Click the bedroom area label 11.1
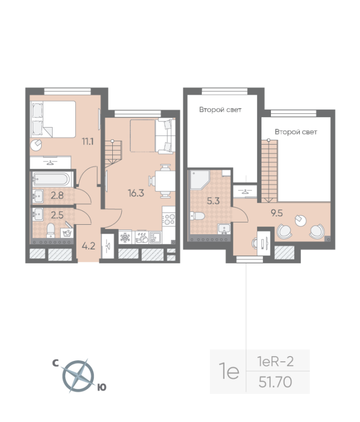click(87, 141)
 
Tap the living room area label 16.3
click(136, 193)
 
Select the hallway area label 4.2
click(89, 246)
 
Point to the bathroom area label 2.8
click(57, 195)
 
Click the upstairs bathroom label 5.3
click(213, 201)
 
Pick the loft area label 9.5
click(277, 213)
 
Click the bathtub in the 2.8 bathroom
click(52, 179)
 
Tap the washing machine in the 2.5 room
click(67, 233)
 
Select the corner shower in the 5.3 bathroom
click(199, 180)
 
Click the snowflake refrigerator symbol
click(125, 237)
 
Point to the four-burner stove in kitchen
click(169, 219)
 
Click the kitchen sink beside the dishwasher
click(155, 237)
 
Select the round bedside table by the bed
click(36, 146)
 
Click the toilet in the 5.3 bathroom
click(197, 216)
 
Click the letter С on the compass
click(55, 363)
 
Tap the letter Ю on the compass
click(102, 387)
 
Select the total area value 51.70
click(275, 382)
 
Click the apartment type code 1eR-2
click(275, 361)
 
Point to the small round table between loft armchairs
click(300, 220)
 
